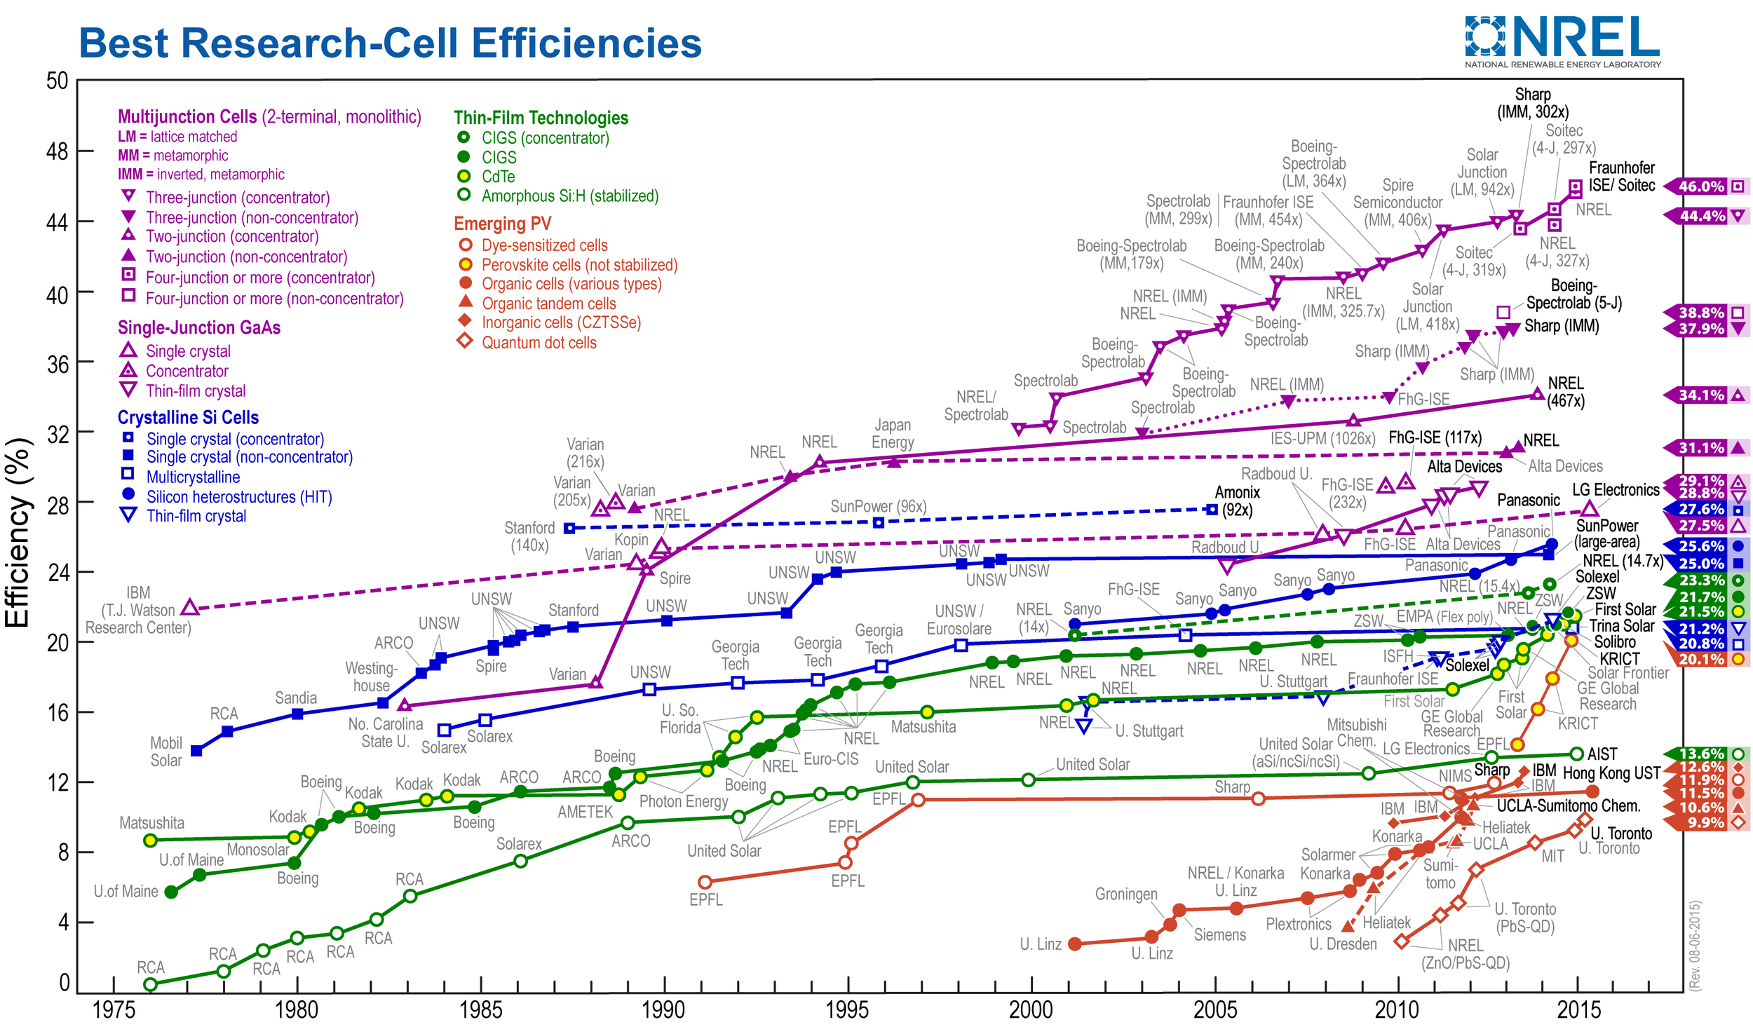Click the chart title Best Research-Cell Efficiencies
click(x=390, y=43)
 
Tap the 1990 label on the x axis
click(x=663, y=1009)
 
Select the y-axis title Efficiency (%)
click(x=18, y=533)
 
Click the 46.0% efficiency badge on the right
click(x=1701, y=186)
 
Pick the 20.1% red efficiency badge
click(x=1701, y=659)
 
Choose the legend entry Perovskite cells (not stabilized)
click(x=579, y=265)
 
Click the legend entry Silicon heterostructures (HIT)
click(x=238, y=497)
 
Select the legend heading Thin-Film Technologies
click(x=541, y=118)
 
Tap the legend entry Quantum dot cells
click(x=539, y=343)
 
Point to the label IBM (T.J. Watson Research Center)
click(x=138, y=611)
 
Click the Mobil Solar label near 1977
click(x=166, y=751)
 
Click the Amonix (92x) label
click(x=1237, y=501)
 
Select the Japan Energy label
click(x=893, y=434)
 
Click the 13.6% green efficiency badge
click(x=1701, y=754)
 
